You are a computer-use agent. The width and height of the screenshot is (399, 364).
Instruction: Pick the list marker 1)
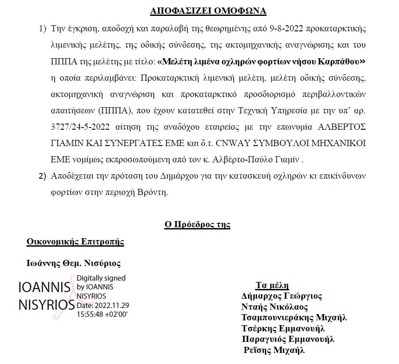pyautogui.click(x=42, y=29)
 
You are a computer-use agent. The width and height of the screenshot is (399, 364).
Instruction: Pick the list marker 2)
pyautogui.click(x=42, y=176)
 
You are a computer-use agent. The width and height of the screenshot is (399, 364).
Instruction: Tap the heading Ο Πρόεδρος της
pyautogui.click(x=197, y=225)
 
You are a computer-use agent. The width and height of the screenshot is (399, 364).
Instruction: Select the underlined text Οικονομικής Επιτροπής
pyautogui.click(x=75, y=242)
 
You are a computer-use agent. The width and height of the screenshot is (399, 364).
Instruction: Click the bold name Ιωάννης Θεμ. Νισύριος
pyautogui.click(x=74, y=263)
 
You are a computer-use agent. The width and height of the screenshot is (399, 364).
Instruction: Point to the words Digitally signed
pyautogui.click(x=101, y=278)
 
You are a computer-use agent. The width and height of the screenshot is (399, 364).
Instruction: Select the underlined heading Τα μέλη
pyautogui.click(x=272, y=285)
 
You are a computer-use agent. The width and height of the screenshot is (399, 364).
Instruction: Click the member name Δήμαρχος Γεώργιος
pyautogui.click(x=282, y=296)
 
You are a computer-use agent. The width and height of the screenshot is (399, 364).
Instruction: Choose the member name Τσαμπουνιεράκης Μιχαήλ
pyautogui.click(x=294, y=318)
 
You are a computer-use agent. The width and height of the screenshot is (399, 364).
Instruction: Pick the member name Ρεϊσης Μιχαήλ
pyautogui.click(x=275, y=351)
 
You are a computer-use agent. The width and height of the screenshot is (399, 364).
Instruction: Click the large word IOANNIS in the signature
pyautogui.click(x=44, y=287)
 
